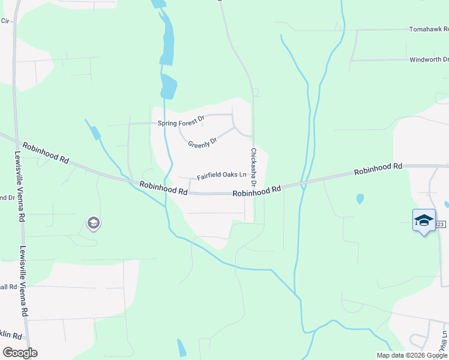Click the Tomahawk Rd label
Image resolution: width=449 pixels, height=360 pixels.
coord(429,29)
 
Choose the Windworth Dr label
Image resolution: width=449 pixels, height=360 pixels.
coord(429,59)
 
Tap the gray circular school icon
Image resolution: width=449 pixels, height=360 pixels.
coord(93,224)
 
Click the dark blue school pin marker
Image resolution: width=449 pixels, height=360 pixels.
coord(424,220)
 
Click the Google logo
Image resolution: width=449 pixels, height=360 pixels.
coord(20,353)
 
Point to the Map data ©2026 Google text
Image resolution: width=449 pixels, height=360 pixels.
coord(411,355)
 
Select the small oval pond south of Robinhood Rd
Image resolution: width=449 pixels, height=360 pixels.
coord(360,199)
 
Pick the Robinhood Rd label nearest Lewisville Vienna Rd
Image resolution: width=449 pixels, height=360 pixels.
coord(45,152)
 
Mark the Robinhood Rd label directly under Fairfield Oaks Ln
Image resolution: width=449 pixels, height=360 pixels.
coord(164,188)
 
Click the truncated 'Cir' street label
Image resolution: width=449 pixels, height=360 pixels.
coord(6,20)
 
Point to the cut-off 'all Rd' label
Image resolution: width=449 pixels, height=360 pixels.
coord(8,287)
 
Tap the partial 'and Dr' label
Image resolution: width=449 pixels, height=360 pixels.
coord(7,197)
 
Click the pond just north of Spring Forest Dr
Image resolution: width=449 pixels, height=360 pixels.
coord(169,88)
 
